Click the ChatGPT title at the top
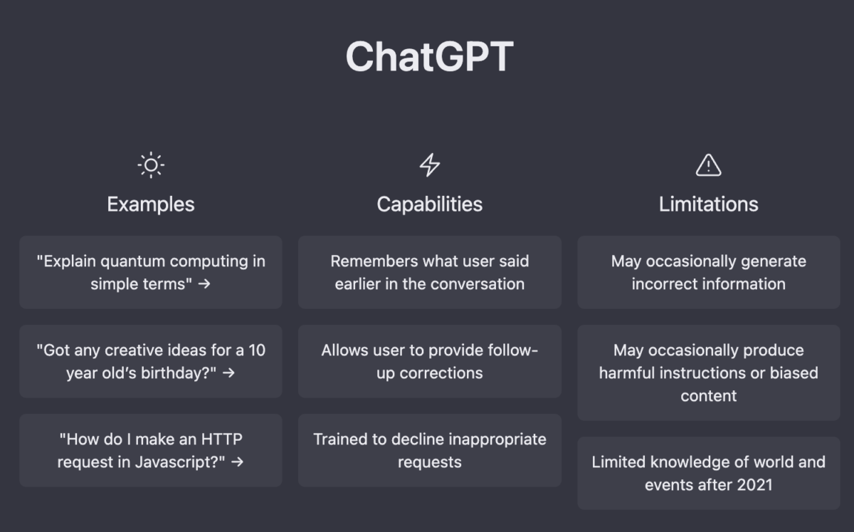pyautogui.click(x=429, y=57)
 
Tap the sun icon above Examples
pyautogui.click(x=150, y=165)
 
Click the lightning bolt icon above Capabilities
pyautogui.click(x=429, y=165)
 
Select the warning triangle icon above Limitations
pyautogui.click(x=708, y=165)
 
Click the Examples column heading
pyautogui.click(x=150, y=204)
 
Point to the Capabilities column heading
pyautogui.click(x=429, y=204)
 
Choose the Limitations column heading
pyautogui.click(x=708, y=204)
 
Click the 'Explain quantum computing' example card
pyautogui.click(x=150, y=272)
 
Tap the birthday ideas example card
pyautogui.click(x=150, y=361)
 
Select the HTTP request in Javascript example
pyautogui.click(x=150, y=450)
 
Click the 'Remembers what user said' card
pyautogui.click(x=429, y=272)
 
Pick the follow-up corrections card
pyautogui.click(x=429, y=361)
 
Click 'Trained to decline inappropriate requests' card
pyautogui.click(x=429, y=450)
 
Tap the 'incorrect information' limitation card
pyautogui.click(x=708, y=272)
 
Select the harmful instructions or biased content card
pyautogui.click(x=708, y=372)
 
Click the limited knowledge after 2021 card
pyautogui.click(x=708, y=473)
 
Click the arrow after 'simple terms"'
pyautogui.click(x=204, y=284)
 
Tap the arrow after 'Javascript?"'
pyautogui.click(x=238, y=462)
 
